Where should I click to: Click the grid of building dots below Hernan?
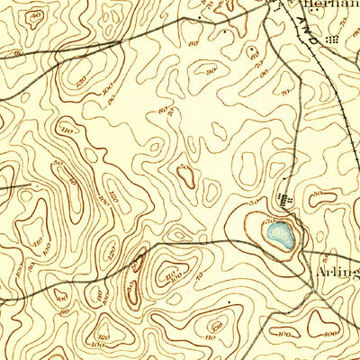(335, 40)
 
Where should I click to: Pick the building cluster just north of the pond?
(287, 199)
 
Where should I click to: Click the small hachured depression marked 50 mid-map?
(185, 174)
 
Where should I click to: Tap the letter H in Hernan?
(310, 4)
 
